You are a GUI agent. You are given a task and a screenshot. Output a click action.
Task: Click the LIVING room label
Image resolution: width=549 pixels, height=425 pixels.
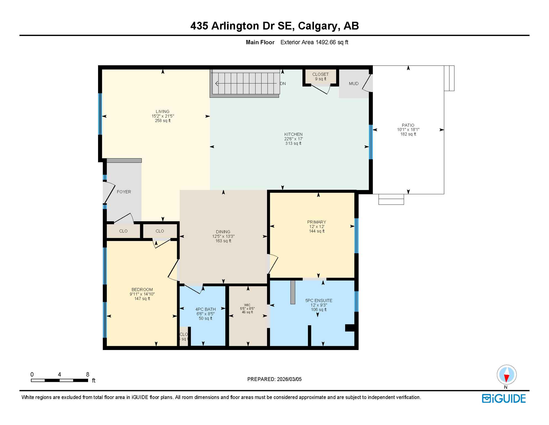(x=162, y=112)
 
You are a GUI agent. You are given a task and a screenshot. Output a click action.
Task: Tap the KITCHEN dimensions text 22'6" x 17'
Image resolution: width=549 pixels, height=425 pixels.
(x=293, y=139)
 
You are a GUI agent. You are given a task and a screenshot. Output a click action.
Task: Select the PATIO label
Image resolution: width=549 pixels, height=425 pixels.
(x=408, y=125)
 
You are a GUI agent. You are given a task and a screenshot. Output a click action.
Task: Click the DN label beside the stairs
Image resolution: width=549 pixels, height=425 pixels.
(x=283, y=84)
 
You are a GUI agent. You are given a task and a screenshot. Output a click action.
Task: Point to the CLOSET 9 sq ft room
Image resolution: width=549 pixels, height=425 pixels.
(x=320, y=76)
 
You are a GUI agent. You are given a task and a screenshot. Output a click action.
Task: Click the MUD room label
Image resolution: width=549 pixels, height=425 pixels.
(x=353, y=84)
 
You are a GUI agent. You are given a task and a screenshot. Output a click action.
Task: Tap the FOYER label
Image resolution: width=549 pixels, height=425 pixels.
(x=124, y=192)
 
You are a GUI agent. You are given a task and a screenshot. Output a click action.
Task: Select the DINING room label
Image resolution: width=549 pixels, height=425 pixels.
(x=223, y=232)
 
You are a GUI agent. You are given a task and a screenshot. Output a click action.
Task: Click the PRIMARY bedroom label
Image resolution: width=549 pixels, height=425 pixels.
(x=316, y=222)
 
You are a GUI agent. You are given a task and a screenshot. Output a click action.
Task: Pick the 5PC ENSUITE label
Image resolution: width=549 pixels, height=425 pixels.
(x=319, y=300)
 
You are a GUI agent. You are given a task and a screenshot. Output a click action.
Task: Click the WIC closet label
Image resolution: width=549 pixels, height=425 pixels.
(x=247, y=305)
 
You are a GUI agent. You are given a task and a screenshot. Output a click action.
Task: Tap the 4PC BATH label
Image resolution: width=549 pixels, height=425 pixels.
(x=205, y=309)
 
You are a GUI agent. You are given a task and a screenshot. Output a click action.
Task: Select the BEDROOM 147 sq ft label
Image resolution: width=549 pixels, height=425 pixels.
(x=142, y=290)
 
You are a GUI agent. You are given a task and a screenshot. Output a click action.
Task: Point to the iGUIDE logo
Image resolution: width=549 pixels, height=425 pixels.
(x=504, y=399)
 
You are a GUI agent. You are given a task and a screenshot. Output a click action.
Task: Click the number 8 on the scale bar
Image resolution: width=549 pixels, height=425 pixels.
(x=88, y=375)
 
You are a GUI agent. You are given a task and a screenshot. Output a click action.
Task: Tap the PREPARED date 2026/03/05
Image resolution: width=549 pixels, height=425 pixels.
(x=289, y=379)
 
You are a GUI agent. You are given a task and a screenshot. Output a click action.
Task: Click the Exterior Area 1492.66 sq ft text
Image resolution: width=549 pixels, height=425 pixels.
(x=314, y=42)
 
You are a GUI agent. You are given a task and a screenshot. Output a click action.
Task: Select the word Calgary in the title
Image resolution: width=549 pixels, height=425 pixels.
(x=318, y=26)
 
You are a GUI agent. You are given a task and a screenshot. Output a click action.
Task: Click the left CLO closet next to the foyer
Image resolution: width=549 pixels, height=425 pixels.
(x=123, y=231)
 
